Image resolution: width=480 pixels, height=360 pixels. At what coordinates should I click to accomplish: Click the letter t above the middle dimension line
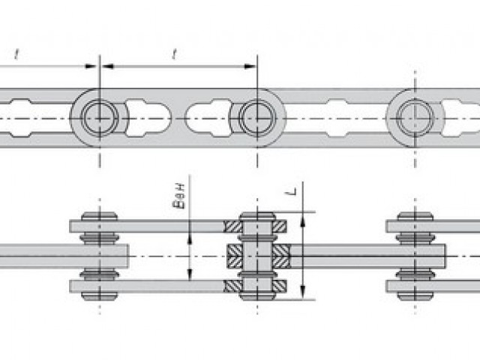pos(175,54)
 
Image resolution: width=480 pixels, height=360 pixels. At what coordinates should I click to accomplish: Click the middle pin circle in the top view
pos(257,118)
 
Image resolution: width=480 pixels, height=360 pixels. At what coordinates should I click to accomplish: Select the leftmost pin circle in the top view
pos(100,118)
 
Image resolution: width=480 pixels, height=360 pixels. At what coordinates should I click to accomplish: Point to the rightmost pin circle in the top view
pos(415,118)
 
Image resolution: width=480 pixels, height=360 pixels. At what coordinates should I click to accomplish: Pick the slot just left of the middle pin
pos(208,118)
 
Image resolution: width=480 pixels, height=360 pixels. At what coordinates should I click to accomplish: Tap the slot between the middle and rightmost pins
pos(336,118)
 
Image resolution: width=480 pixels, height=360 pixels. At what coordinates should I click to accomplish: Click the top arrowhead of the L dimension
pos(303,220)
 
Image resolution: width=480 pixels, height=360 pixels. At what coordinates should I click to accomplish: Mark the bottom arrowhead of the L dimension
pos(303,292)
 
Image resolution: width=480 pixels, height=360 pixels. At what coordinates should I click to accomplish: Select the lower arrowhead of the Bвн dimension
pos(190,274)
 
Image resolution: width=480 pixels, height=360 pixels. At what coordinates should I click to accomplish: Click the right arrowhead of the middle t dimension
pos(250,66)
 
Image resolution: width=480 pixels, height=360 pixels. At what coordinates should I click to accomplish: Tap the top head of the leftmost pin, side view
pos(100,216)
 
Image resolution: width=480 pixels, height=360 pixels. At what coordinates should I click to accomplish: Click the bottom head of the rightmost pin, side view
pos(415,296)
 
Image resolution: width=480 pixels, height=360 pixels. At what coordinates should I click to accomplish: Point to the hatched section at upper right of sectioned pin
pos(279,226)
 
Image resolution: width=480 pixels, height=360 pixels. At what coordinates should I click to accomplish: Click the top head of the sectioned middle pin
pos(257,216)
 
